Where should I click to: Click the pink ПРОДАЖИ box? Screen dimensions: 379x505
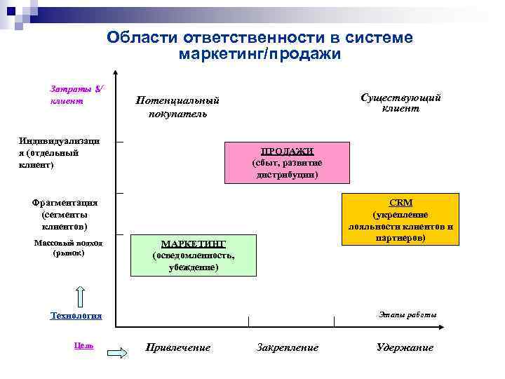(286, 163)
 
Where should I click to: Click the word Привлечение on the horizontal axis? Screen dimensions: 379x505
(177, 347)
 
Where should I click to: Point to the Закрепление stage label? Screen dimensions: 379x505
(288, 347)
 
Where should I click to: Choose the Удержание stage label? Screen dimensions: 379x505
(405, 347)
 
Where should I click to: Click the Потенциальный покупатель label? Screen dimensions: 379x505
(177, 107)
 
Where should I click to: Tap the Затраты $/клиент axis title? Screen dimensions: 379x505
(76, 95)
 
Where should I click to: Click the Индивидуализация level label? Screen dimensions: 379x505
(60, 153)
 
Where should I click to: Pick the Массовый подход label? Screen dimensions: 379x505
(68, 248)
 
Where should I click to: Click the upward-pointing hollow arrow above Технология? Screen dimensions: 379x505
(79, 297)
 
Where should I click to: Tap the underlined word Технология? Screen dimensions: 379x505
(76, 316)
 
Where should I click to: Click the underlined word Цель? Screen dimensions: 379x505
(83, 345)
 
